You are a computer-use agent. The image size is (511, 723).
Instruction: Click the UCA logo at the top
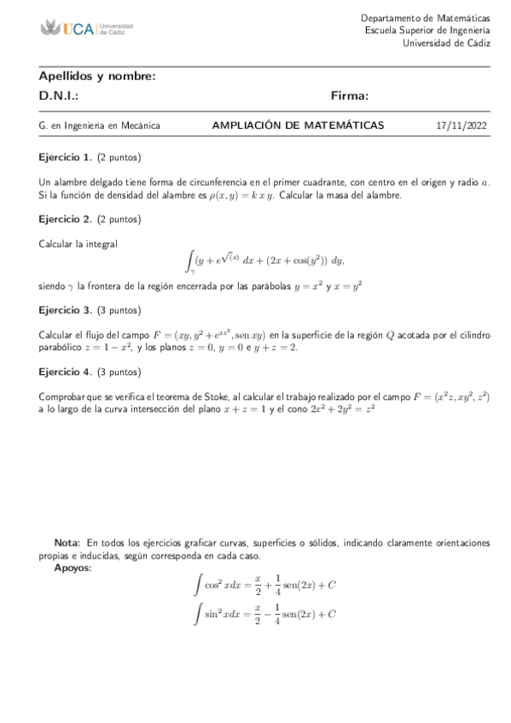coord(86,29)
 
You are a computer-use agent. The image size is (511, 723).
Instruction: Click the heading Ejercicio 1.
coord(66,158)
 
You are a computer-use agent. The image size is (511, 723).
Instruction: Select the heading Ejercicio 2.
coord(66,220)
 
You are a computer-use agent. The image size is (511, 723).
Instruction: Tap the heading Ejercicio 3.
coord(66,309)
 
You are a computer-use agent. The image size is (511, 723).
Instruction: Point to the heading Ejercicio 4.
coord(66,372)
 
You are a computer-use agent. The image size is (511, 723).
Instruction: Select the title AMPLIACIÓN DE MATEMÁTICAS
coord(298,125)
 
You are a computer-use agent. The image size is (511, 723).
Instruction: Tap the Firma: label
coord(350,96)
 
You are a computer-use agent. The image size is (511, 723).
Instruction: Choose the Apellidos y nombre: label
coord(97,76)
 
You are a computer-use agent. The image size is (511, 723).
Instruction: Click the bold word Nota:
coord(67,542)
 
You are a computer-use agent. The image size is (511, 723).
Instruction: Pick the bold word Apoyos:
coord(73,567)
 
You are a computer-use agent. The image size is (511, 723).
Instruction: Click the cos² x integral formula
coord(265,585)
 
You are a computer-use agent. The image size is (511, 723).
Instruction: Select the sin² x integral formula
coord(265,614)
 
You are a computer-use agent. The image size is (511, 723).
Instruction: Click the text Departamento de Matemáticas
coord(425,18)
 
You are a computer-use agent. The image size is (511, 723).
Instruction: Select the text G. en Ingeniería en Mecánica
coord(100,126)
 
